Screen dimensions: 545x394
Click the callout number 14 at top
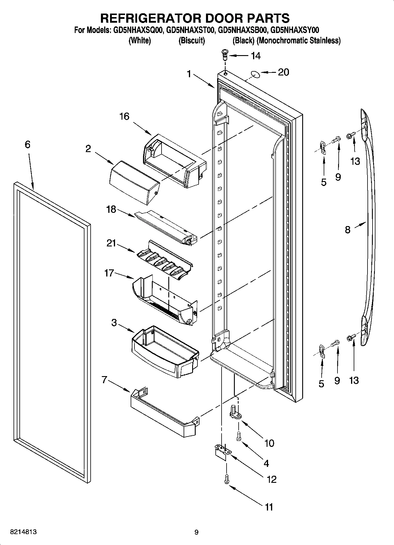click(255, 56)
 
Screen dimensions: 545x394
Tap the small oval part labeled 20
click(256, 74)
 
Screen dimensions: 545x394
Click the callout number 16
click(124, 116)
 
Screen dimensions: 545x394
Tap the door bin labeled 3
click(165, 352)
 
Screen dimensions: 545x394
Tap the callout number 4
click(266, 463)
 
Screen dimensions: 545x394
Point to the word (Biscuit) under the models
click(192, 41)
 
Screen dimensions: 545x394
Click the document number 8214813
click(23, 532)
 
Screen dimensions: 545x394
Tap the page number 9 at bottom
click(197, 532)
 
